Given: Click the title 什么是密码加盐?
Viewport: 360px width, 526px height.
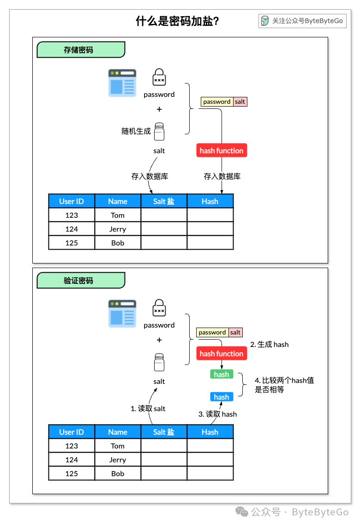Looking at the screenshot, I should pyautogui.click(x=177, y=21).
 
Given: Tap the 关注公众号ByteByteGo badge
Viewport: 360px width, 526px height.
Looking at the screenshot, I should pyautogui.click(x=302, y=21).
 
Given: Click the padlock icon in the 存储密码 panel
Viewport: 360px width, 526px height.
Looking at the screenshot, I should pyautogui.click(x=159, y=77).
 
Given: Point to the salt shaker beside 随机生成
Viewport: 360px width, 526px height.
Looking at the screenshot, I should pyautogui.click(x=159, y=131).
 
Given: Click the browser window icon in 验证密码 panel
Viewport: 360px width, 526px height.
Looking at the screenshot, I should pyautogui.click(x=122, y=314).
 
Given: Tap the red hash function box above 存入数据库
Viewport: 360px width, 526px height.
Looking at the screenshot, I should pyautogui.click(x=222, y=150).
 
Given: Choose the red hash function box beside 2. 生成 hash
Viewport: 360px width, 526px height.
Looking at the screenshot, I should pyautogui.click(x=222, y=353).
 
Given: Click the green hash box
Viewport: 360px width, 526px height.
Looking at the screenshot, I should pyautogui.click(x=222, y=374).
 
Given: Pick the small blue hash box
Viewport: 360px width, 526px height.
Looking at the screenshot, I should pyautogui.click(x=222, y=397).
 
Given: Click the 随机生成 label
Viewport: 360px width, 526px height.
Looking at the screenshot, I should pyautogui.click(x=136, y=131).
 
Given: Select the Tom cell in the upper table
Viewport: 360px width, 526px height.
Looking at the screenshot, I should pyautogui.click(x=118, y=215).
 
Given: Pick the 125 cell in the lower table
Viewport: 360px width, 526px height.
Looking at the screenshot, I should pyautogui.click(x=72, y=473).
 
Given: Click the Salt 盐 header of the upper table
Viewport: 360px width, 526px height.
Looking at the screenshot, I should pyautogui.click(x=164, y=201).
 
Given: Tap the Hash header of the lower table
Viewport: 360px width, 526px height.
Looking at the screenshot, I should pyautogui.click(x=210, y=432).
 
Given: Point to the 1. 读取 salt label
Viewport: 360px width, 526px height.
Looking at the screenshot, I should pyautogui.click(x=148, y=409).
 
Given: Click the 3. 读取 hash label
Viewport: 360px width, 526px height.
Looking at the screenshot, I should pyautogui.click(x=218, y=414).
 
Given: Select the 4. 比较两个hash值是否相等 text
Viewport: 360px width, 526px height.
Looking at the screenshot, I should pyautogui.click(x=284, y=385).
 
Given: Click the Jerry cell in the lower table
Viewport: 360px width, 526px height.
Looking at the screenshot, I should pyautogui.click(x=118, y=460).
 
